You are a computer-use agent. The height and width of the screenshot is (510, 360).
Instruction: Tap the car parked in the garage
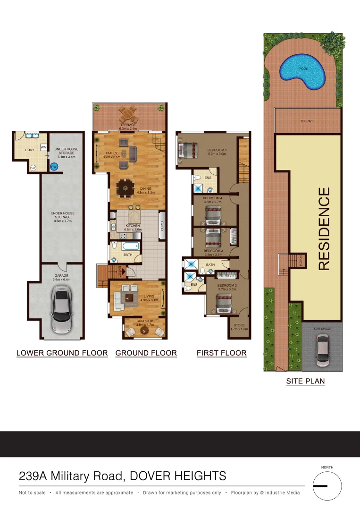pos(62,312)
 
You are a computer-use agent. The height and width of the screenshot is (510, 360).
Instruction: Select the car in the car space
pos(323,350)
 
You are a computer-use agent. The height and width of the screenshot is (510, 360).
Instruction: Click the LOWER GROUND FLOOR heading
pos(62,353)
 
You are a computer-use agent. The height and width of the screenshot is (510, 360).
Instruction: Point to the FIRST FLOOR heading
pos(221,353)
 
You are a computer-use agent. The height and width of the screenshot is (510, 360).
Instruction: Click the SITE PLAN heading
pos(305,381)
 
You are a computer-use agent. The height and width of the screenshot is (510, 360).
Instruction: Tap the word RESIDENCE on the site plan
pos(324,229)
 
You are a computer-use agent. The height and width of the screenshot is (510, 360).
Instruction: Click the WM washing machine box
pos(43,147)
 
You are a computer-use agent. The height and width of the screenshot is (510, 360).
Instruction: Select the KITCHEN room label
pos(133,226)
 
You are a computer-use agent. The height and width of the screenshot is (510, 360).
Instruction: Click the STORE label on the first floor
pos(240,324)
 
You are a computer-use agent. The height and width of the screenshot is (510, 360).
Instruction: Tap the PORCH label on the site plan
pos(301,260)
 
